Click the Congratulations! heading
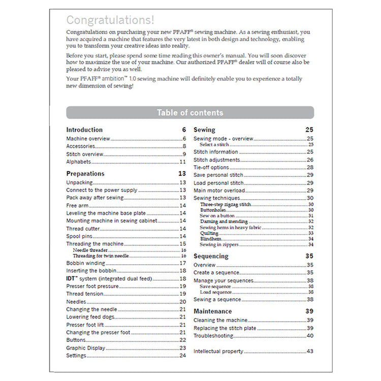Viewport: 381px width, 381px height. [x=110, y=20]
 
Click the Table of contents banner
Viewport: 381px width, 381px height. [x=190, y=112]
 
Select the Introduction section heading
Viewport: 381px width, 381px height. [x=84, y=130]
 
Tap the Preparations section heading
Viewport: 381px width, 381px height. [x=85, y=174]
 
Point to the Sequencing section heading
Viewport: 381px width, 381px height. [x=211, y=256]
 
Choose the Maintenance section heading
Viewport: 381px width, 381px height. [x=212, y=311]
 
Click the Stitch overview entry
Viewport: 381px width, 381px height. [x=85, y=154]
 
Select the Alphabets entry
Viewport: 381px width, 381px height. [x=79, y=162]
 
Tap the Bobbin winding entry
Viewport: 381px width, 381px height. [x=85, y=263]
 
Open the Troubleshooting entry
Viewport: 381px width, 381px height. [x=213, y=336]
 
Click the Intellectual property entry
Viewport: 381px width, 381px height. [x=218, y=352]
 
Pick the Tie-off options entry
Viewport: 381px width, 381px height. [x=211, y=167]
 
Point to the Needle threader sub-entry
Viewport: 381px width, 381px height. [x=90, y=250]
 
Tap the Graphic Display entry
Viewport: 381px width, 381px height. [x=86, y=348]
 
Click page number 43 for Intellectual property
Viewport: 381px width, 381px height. [x=310, y=352]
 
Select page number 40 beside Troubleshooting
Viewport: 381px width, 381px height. [x=310, y=336]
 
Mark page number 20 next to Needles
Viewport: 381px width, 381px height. [x=183, y=302]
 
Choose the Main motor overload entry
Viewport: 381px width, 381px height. [x=219, y=190]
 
